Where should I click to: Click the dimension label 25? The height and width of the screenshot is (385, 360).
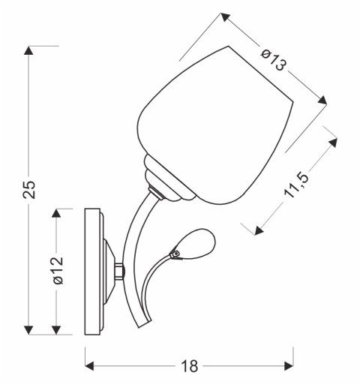[28, 190]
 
